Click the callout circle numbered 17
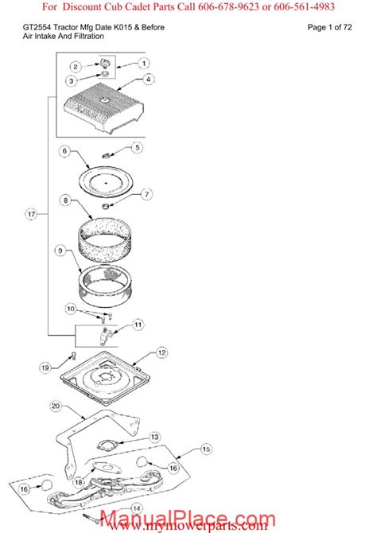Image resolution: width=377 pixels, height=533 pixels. click(31, 214)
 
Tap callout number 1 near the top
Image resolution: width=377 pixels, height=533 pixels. click(144, 63)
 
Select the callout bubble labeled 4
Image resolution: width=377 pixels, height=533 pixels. click(148, 80)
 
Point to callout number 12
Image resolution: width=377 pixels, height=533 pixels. click(161, 353)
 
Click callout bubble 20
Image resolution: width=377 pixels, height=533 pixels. click(56, 406)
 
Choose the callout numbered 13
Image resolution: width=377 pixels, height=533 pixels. click(154, 438)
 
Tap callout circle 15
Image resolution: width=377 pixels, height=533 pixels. click(206, 449)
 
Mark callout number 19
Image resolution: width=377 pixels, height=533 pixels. click(45, 368)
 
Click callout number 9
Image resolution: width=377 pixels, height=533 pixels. click(60, 251)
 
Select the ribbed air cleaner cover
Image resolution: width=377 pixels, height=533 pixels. click(103, 109)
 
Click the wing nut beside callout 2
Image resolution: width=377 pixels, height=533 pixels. click(104, 63)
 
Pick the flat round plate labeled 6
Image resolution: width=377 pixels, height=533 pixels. click(106, 180)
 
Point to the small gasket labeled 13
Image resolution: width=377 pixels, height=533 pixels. click(107, 445)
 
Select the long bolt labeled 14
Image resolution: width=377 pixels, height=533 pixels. click(91, 518)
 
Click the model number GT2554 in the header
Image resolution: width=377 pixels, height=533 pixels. click(37, 28)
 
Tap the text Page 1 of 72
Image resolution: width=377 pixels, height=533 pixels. click(329, 28)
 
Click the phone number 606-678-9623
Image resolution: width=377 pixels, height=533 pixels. click(228, 6)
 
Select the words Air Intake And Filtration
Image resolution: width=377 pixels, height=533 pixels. click(63, 37)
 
